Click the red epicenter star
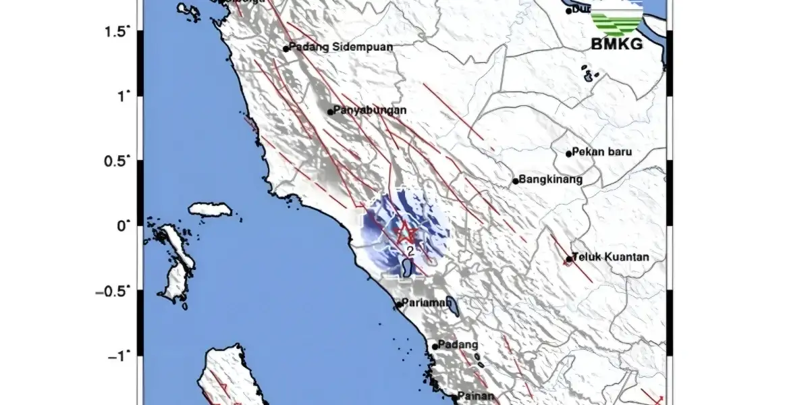(406, 232)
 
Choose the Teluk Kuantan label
(610, 257)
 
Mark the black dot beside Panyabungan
(330, 112)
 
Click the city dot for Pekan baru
(569, 154)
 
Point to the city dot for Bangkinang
(516, 181)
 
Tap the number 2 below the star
(410, 250)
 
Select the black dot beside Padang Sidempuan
(286, 49)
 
